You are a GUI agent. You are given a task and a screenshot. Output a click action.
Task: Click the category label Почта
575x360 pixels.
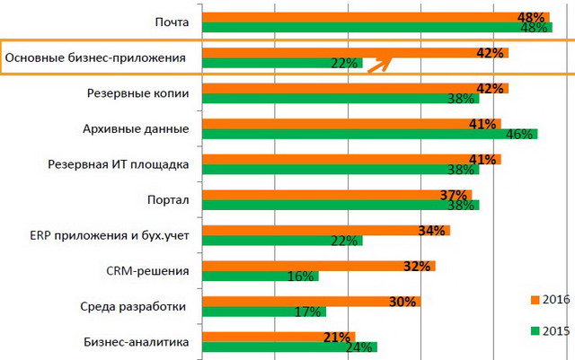click(x=171, y=22)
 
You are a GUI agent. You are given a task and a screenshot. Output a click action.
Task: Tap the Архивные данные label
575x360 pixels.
click(x=147, y=128)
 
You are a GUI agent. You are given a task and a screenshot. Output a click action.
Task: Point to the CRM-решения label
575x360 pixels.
click(x=147, y=270)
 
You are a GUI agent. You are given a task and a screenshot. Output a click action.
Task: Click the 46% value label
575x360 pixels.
click(x=522, y=134)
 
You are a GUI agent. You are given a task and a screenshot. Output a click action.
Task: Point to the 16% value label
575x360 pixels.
click(x=300, y=277)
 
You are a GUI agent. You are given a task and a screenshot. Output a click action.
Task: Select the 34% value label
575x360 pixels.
click(x=432, y=231)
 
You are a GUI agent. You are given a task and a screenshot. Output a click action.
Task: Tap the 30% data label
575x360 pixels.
click(x=403, y=302)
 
